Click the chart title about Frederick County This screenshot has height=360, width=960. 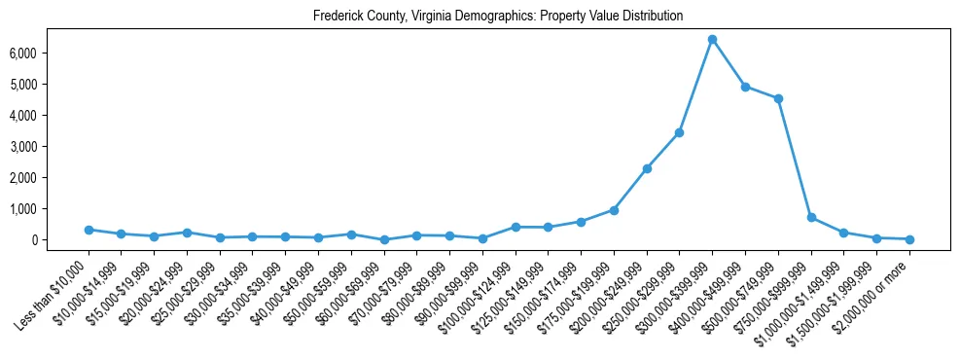tap(498, 17)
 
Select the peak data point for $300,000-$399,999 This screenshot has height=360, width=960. tap(712, 40)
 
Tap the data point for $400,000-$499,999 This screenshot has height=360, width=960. tap(745, 87)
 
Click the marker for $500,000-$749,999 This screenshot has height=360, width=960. tap(778, 98)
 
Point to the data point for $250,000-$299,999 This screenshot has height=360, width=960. tap(679, 132)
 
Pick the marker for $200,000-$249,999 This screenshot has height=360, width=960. tap(647, 168)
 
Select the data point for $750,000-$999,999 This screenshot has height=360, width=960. tap(811, 217)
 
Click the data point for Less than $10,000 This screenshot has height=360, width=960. tap(89, 230)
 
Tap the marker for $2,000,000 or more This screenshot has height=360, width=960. tap(909, 239)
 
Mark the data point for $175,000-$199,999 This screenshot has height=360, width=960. tap(614, 210)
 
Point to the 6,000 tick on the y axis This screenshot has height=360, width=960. tap(50, 53)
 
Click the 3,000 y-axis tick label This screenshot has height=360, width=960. tap(50, 146)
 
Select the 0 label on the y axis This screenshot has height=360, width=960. tap(59, 239)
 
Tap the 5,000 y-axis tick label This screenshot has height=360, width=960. tap(50, 84)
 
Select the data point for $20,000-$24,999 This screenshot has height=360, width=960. tap(187, 233)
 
